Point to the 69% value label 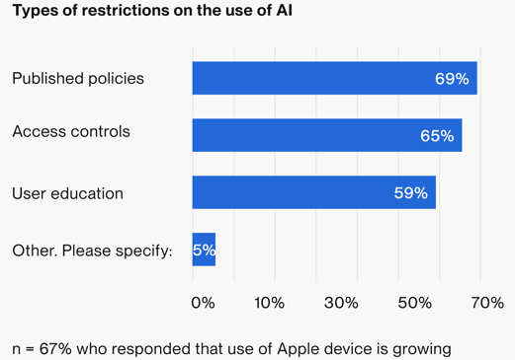click(452, 78)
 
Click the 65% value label click(437, 136)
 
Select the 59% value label click(410, 193)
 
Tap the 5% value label click(204, 251)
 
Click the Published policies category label click(78, 78)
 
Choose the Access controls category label click(71, 131)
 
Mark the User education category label click(67, 193)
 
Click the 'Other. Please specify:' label click(92, 251)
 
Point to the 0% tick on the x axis click(203, 303)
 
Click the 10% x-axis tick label click(269, 303)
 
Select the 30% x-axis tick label click(341, 303)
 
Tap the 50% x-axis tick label click(415, 303)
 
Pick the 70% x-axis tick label click(486, 303)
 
